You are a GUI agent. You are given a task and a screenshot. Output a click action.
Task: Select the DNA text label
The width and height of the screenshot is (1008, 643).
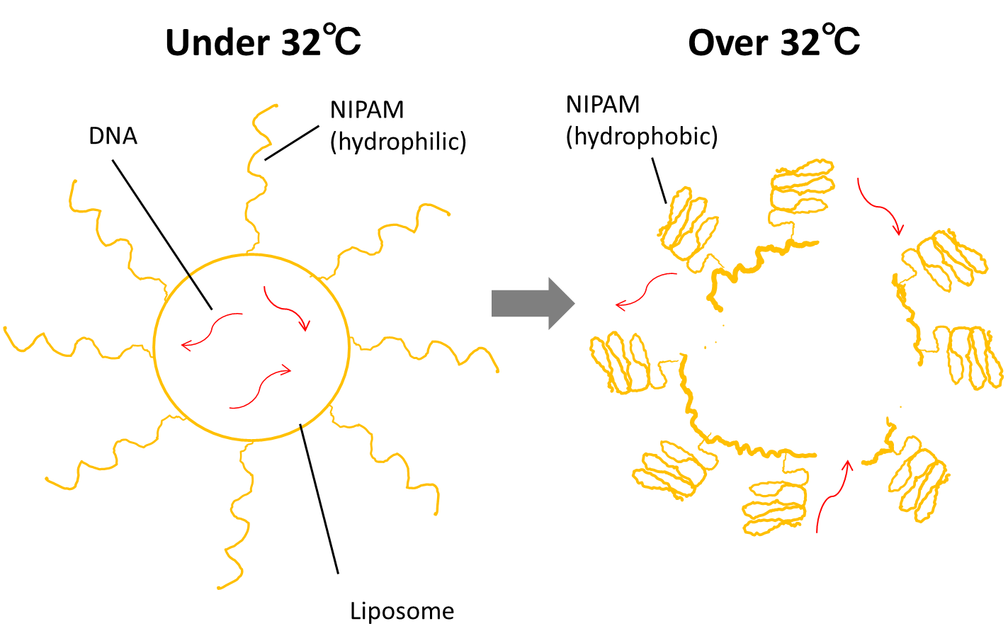point(113,136)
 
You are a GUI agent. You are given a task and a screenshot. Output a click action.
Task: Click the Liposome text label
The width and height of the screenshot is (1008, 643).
point(402,611)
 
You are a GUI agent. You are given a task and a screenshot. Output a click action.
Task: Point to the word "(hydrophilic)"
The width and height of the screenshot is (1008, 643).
point(398,142)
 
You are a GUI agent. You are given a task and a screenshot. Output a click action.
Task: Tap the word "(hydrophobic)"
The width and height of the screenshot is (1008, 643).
point(641,135)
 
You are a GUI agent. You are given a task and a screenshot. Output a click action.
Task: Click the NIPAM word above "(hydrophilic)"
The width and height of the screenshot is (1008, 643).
point(367,110)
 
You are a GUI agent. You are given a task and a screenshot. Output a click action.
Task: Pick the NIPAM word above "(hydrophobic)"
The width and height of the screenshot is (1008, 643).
point(603,104)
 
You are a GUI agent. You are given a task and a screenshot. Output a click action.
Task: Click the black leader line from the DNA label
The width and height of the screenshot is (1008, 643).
point(162,234)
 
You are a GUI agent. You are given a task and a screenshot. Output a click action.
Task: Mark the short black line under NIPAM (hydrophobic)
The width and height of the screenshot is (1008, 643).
point(659,180)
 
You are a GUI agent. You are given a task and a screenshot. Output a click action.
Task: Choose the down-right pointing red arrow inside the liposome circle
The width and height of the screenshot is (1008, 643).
point(287,308)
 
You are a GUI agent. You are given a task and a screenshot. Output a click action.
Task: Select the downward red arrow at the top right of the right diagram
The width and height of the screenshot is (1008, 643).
point(879,205)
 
